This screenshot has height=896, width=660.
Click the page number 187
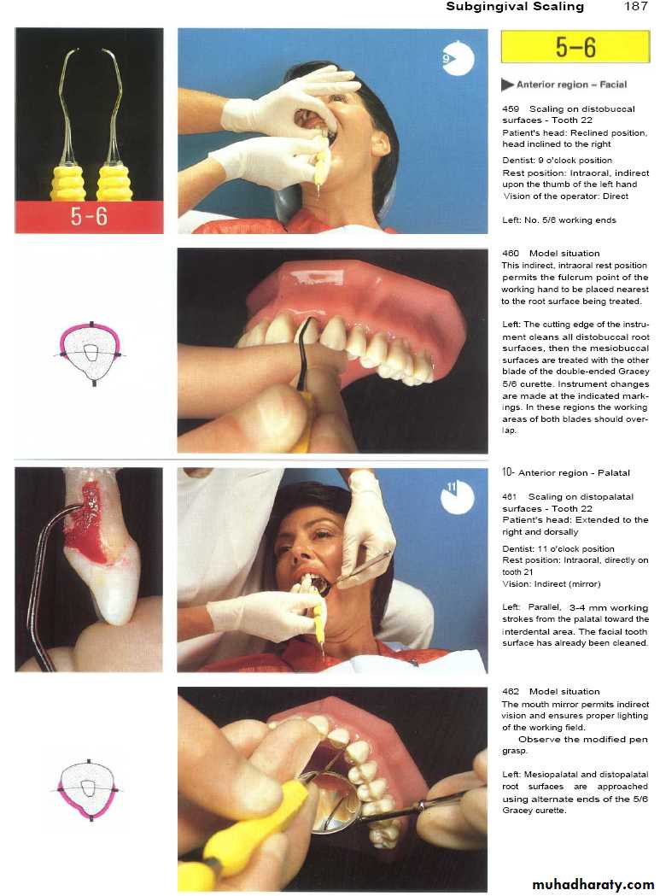click(636, 7)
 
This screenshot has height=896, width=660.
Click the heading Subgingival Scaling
click(515, 7)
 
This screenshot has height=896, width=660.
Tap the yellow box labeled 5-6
click(575, 46)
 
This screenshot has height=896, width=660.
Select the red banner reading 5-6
click(89, 217)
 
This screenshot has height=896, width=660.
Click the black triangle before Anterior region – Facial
click(507, 85)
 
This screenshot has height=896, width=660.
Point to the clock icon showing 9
click(458, 58)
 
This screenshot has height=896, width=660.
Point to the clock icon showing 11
click(458, 496)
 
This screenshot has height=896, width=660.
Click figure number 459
click(511, 108)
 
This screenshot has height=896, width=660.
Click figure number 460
click(511, 253)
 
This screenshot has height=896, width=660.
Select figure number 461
click(509, 496)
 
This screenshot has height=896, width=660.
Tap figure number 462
click(511, 691)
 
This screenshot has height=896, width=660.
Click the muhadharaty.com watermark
click(593, 885)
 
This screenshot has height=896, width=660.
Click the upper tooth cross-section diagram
click(91, 354)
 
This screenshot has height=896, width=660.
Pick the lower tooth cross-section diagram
click(89, 790)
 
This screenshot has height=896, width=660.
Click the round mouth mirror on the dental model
click(331, 799)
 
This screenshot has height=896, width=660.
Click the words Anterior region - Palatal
click(574, 473)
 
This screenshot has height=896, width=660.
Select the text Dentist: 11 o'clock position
click(558, 548)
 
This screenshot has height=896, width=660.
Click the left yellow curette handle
click(68, 182)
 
